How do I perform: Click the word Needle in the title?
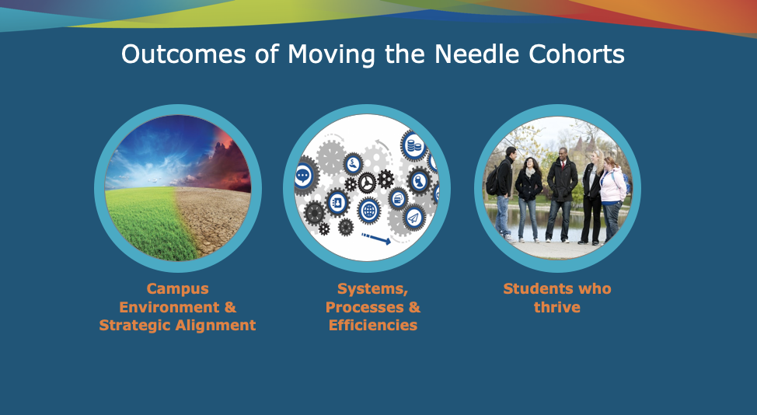[x=476, y=54]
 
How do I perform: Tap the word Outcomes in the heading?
[x=183, y=54]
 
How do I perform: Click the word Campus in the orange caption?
[x=178, y=289]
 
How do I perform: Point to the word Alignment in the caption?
[x=215, y=326]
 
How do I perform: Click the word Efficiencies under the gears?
[x=373, y=326]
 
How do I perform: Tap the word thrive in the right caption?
[x=557, y=308]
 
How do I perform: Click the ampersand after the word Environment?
[x=230, y=307]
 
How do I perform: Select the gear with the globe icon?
[x=369, y=211]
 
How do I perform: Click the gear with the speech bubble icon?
[x=303, y=175]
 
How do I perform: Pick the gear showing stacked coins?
[x=413, y=145]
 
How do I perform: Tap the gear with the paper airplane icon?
[x=413, y=218]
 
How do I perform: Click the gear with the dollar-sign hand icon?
[x=354, y=163]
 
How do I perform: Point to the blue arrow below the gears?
[x=376, y=239]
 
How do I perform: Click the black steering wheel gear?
[x=367, y=183]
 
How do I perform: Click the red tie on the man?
[x=562, y=165]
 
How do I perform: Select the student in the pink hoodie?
[x=612, y=198]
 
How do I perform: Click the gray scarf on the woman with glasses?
[x=530, y=173]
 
